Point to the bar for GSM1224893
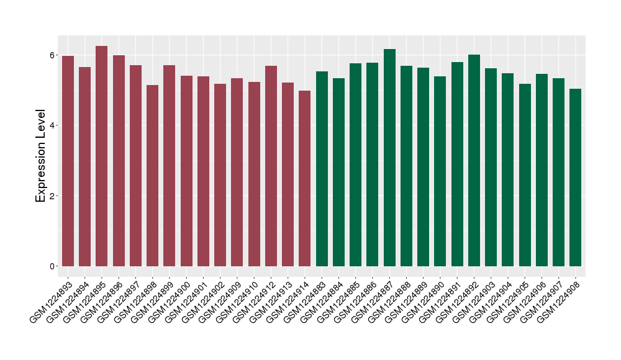click(x=68, y=161)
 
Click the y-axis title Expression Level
click(x=41, y=156)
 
